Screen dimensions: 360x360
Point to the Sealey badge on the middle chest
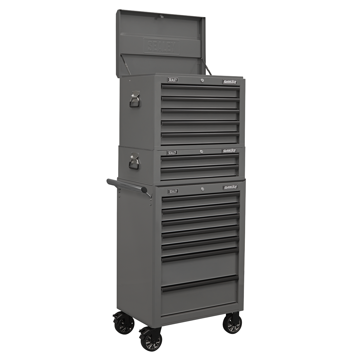pyautogui.click(x=172, y=153)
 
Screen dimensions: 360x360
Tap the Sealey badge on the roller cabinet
pyautogui.click(x=173, y=191)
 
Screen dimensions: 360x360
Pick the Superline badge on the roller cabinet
pyautogui.click(x=230, y=187)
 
